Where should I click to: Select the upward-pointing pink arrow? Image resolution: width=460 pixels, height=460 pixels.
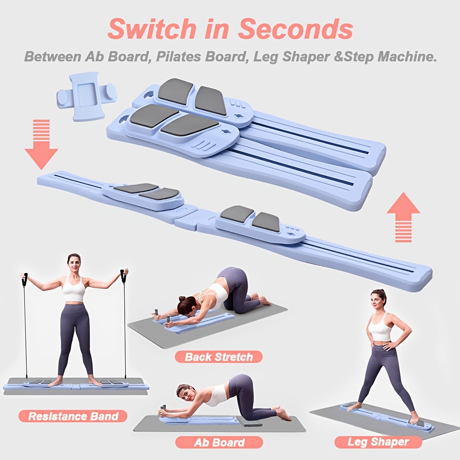coord(403,216)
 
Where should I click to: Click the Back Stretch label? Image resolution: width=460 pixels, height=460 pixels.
coord(218,356)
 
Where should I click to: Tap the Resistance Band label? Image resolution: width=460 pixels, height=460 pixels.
coord(73,417)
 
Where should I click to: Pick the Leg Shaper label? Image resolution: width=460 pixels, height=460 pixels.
coord(378,442)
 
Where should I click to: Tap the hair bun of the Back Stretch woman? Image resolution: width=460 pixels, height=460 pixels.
coord(182,299)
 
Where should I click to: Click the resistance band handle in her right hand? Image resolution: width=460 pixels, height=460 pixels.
coord(25,279)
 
